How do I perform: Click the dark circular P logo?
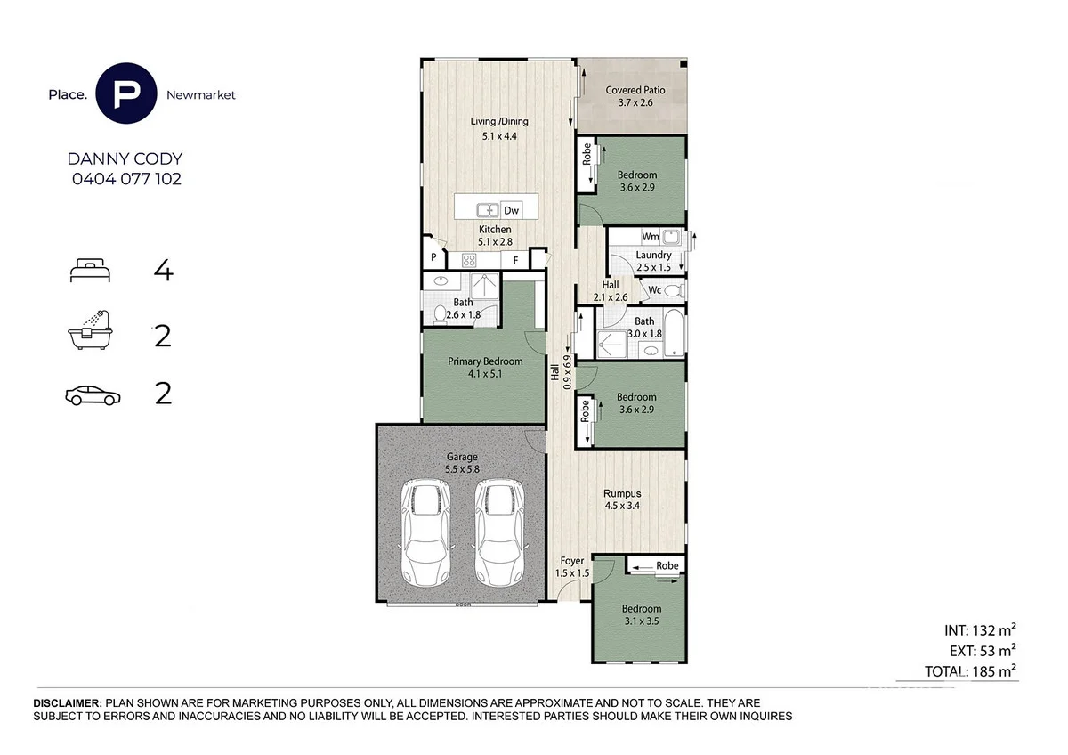(x=125, y=93)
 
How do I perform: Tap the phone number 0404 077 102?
(x=126, y=179)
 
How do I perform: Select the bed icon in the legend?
(x=90, y=270)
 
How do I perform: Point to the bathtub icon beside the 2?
(x=90, y=330)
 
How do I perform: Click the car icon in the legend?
(x=93, y=395)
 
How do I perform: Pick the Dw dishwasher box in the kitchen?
(x=511, y=210)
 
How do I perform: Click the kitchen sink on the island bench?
(x=488, y=210)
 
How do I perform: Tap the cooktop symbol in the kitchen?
(x=469, y=260)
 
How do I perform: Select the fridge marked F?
(x=515, y=260)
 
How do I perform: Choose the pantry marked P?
(x=433, y=257)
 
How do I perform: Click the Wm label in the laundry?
(x=651, y=237)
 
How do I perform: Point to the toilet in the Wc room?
(x=675, y=290)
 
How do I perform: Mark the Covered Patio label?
(x=635, y=90)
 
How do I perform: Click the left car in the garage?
(x=425, y=532)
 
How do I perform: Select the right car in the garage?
(x=499, y=532)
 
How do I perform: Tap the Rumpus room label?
(x=622, y=493)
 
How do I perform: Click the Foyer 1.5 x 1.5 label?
(x=572, y=567)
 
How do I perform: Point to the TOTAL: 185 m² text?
(x=970, y=671)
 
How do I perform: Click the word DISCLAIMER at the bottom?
(x=68, y=703)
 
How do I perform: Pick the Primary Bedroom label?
(x=485, y=361)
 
